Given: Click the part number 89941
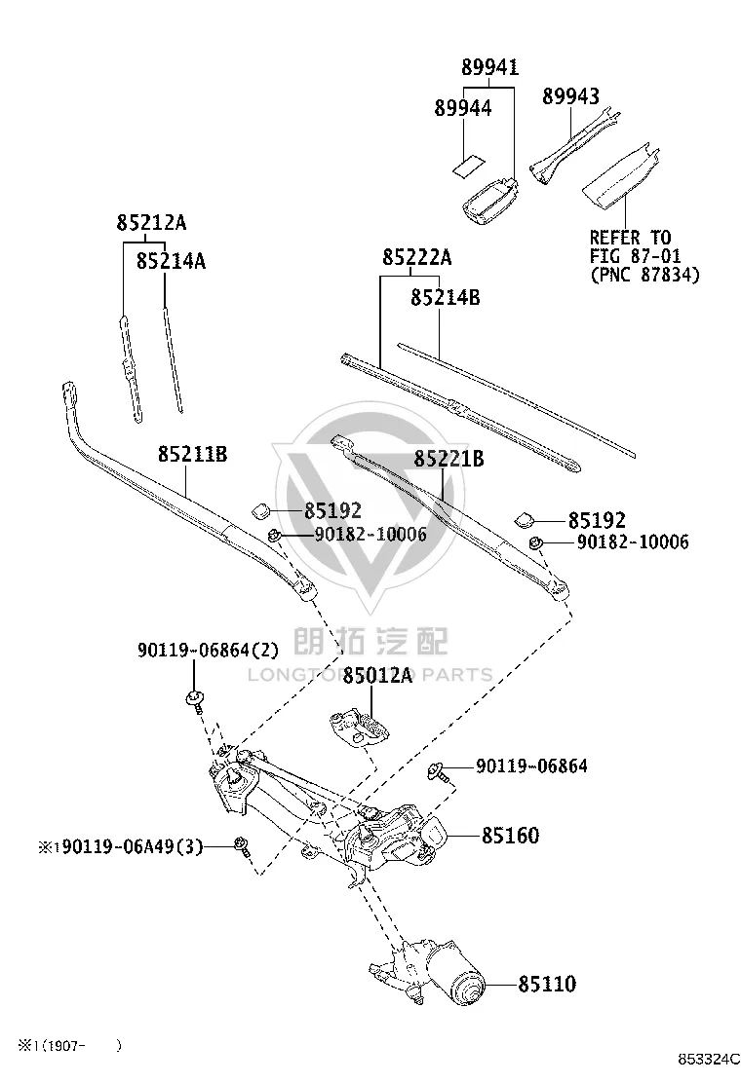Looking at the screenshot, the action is pyautogui.click(x=490, y=67).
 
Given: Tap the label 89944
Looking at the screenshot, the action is pyautogui.click(x=462, y=108).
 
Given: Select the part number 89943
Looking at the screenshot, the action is pyautogui.click(x=570, y=96).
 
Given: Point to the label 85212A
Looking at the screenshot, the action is pyautogui.click(x=151, y=222).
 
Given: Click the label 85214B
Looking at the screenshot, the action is pyautogui.click(x=446, y=297).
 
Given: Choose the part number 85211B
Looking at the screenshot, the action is pyautogui.click(x=192, y=454).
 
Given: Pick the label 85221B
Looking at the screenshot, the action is pyautogui.click(x=448, y=458).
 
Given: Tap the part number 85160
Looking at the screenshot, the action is pyautogui.click(x=510, y=835).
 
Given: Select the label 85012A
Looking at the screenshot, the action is pyautogui.click(x=377, y=675).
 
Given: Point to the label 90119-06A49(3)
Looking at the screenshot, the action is pyautogui.click(x=129, y=846).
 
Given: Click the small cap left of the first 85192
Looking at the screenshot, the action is pyautogui.click(x=261, y=510).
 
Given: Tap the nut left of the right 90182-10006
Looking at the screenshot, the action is pyautogui.click(x=535, y=542).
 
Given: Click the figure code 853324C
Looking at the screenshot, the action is pyautogui.click(x=708, y=1059).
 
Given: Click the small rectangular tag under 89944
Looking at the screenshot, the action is pyautogui.click(x=467, y=168).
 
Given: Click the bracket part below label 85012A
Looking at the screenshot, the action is pyautogui.click(x=360, y=727).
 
